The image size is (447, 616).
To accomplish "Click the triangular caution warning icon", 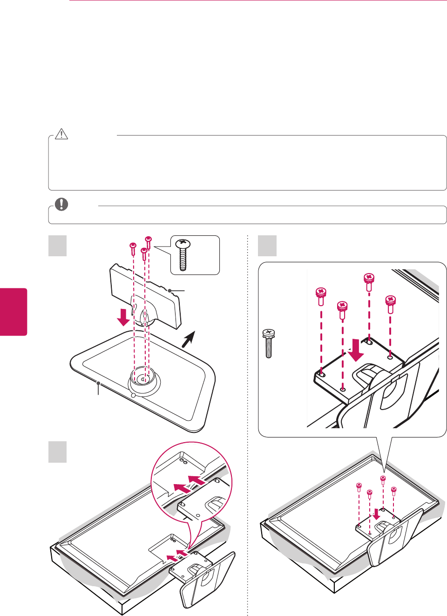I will pyautogui.click(x=61, y=134).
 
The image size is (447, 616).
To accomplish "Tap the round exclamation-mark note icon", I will pyautogui.click(x=61, y=204).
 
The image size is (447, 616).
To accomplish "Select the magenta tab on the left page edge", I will pyautogui.click(x=14, y=312).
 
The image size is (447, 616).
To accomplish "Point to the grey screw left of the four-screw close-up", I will pyautogui.click(x=269, y=343).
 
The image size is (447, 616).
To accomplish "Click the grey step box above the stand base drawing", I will pyautogui.click(x=58, y=246).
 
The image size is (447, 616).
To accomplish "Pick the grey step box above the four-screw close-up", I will pyautogui.click(x=267, y=246).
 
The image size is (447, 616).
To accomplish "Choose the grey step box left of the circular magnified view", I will pyautogui.click(x=58, y=452).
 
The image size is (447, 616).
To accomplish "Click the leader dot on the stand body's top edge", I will pyautogui.click(x=170, y=291).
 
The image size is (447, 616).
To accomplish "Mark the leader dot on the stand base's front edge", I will pyautogui.click(x=98, y=383).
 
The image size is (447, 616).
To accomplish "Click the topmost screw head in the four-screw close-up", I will pyautogui.click(x=369, y=278).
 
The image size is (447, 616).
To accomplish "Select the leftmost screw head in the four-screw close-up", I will pyautogui.click(x=321, y=293).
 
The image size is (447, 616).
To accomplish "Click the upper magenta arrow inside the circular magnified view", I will pyautogui.click(x=196, y=479).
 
